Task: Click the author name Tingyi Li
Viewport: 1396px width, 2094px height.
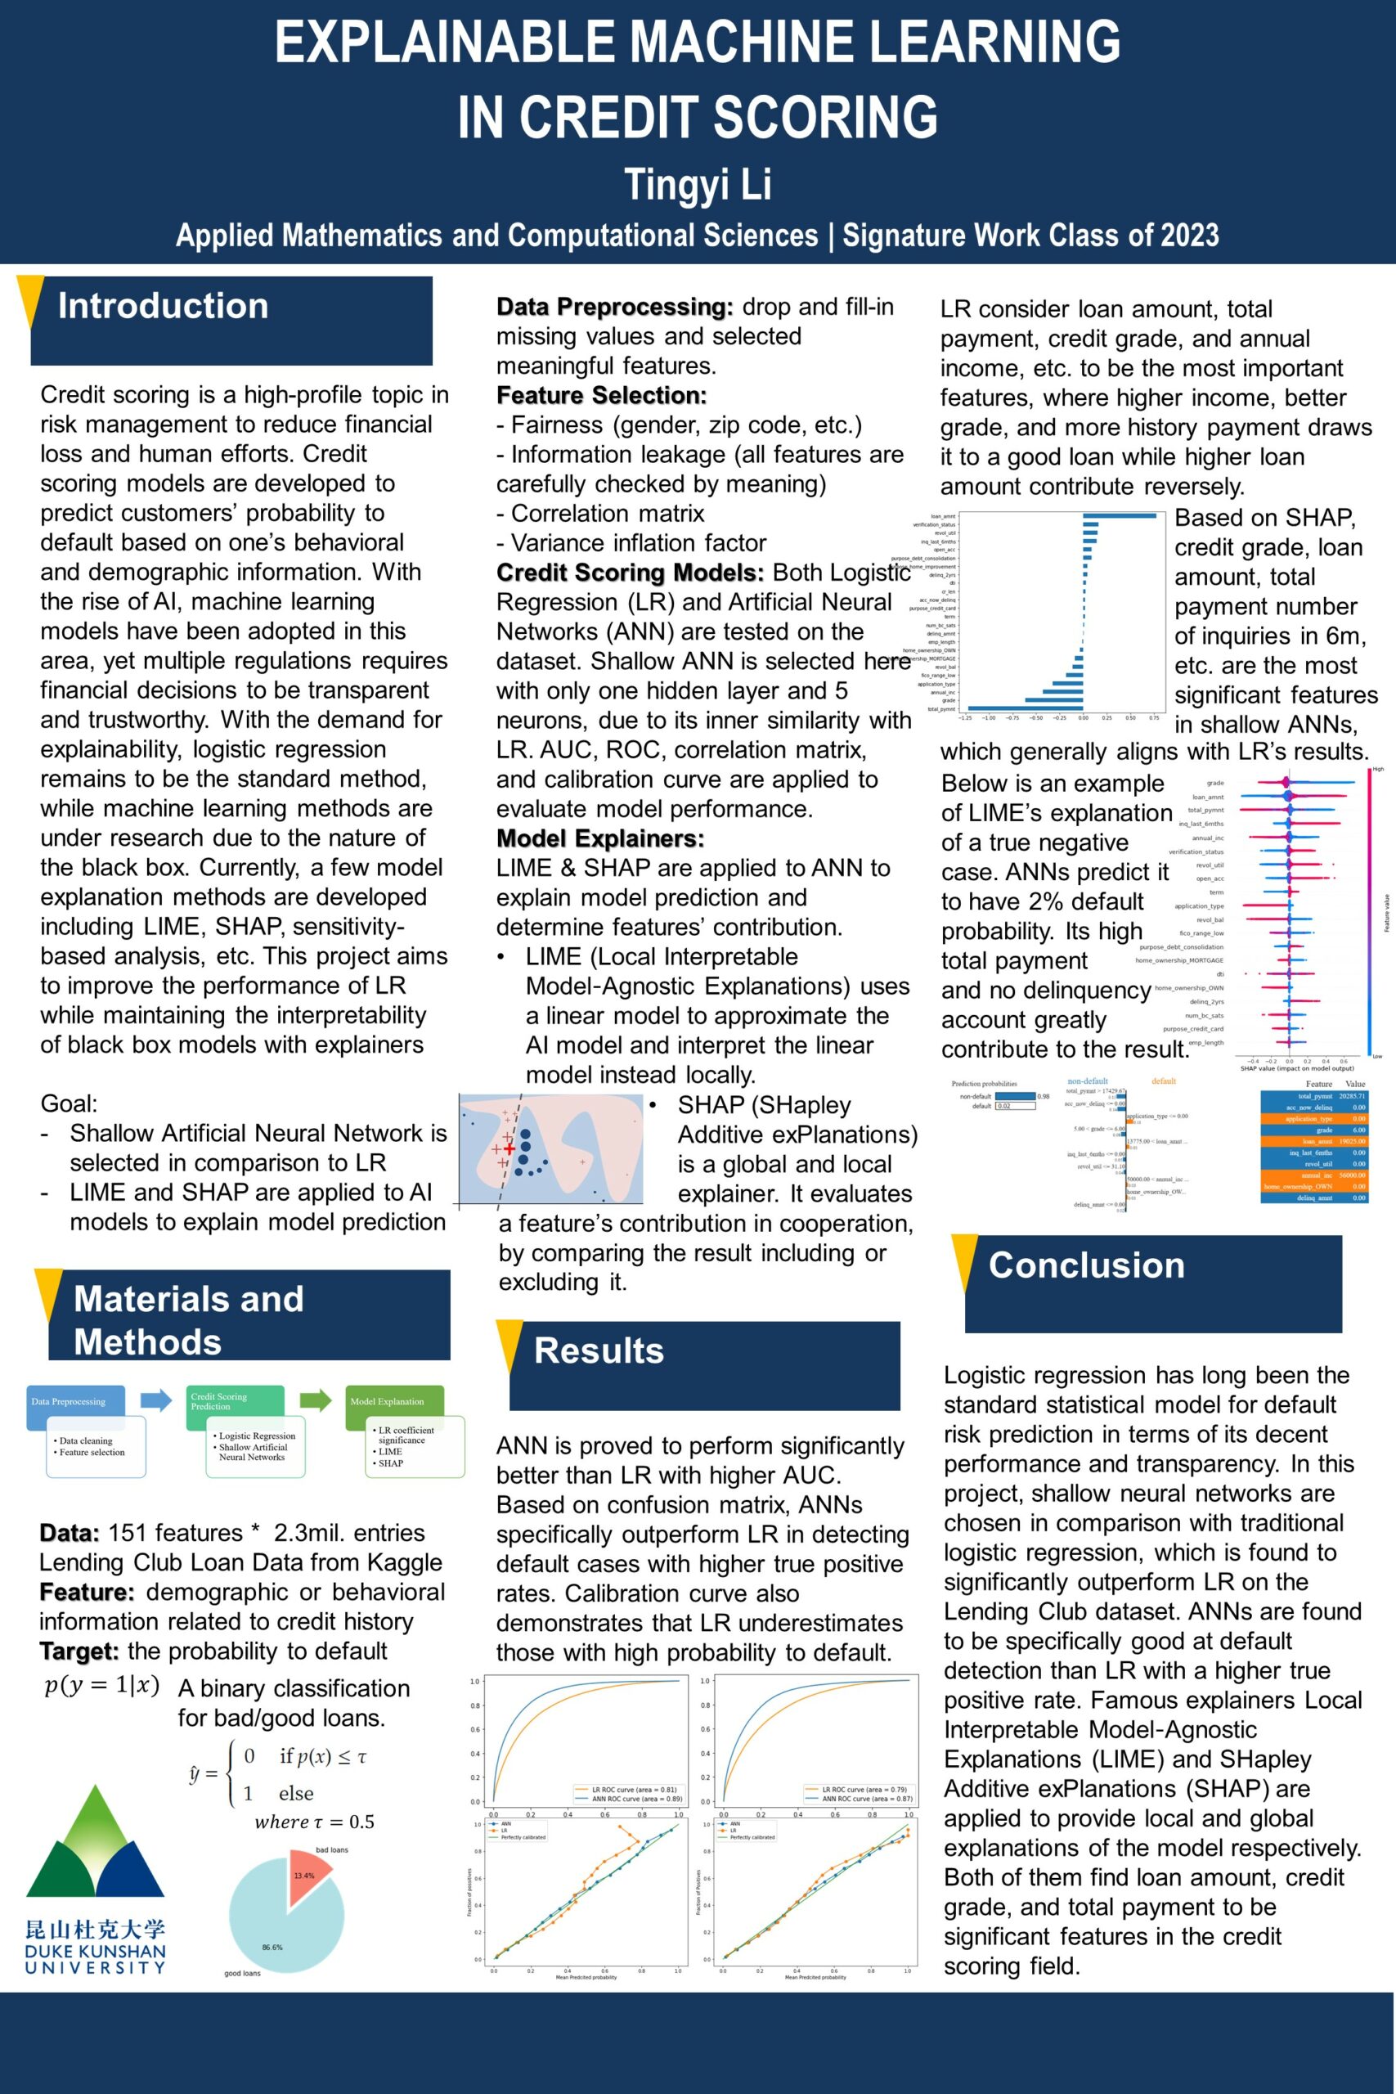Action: point(697,184)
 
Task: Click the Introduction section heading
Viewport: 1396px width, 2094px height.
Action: point(163,306)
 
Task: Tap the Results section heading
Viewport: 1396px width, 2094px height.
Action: point(599,1350)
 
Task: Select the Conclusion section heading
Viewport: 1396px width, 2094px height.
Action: point(1086,1265)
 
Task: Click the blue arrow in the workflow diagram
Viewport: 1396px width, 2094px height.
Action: point(157,1400)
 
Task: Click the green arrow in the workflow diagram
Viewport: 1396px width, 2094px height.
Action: point(315,1400)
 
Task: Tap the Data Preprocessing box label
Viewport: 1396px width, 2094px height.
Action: point(69,1401)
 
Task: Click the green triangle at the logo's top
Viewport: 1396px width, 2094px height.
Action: point(95,1816)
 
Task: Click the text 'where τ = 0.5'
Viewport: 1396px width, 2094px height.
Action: point(314,1822)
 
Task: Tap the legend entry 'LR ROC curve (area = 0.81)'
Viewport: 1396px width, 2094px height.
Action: point(634,1789)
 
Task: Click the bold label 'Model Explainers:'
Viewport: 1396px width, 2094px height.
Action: point(600,838)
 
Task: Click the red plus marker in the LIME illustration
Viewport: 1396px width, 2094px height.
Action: point(509,1149)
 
